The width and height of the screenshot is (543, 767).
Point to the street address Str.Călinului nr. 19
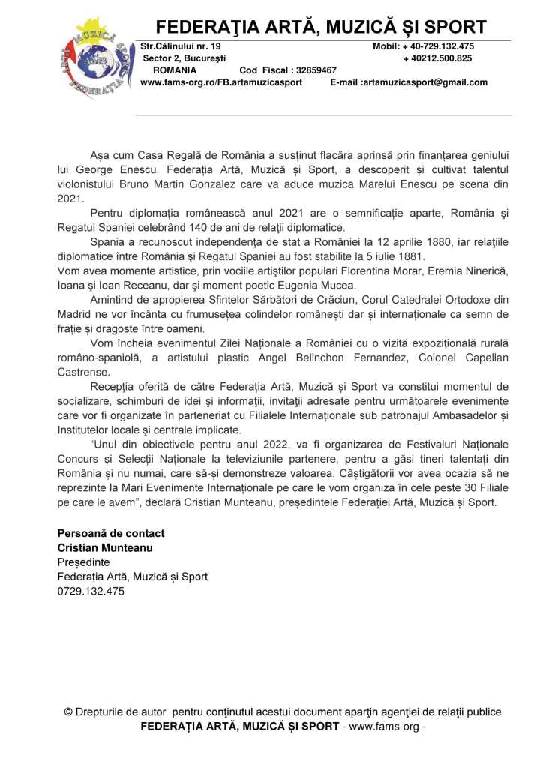pyautogui.click(x=181, y=46)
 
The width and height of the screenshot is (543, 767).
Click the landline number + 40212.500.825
pyautogui.click(x=438, y=58)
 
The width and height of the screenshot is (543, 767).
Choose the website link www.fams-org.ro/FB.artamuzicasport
pyautogui.click(x=221, y=82)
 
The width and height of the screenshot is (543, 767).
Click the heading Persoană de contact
pyautogui.click(x=111, y=533)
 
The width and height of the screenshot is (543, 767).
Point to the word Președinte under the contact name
pyautogui.click(x=83, y=562)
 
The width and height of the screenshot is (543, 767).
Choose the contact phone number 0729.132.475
pyautogui.click(x=91, y=591)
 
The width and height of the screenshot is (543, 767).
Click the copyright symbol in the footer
pyautogui.click(x=68, y=712)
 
